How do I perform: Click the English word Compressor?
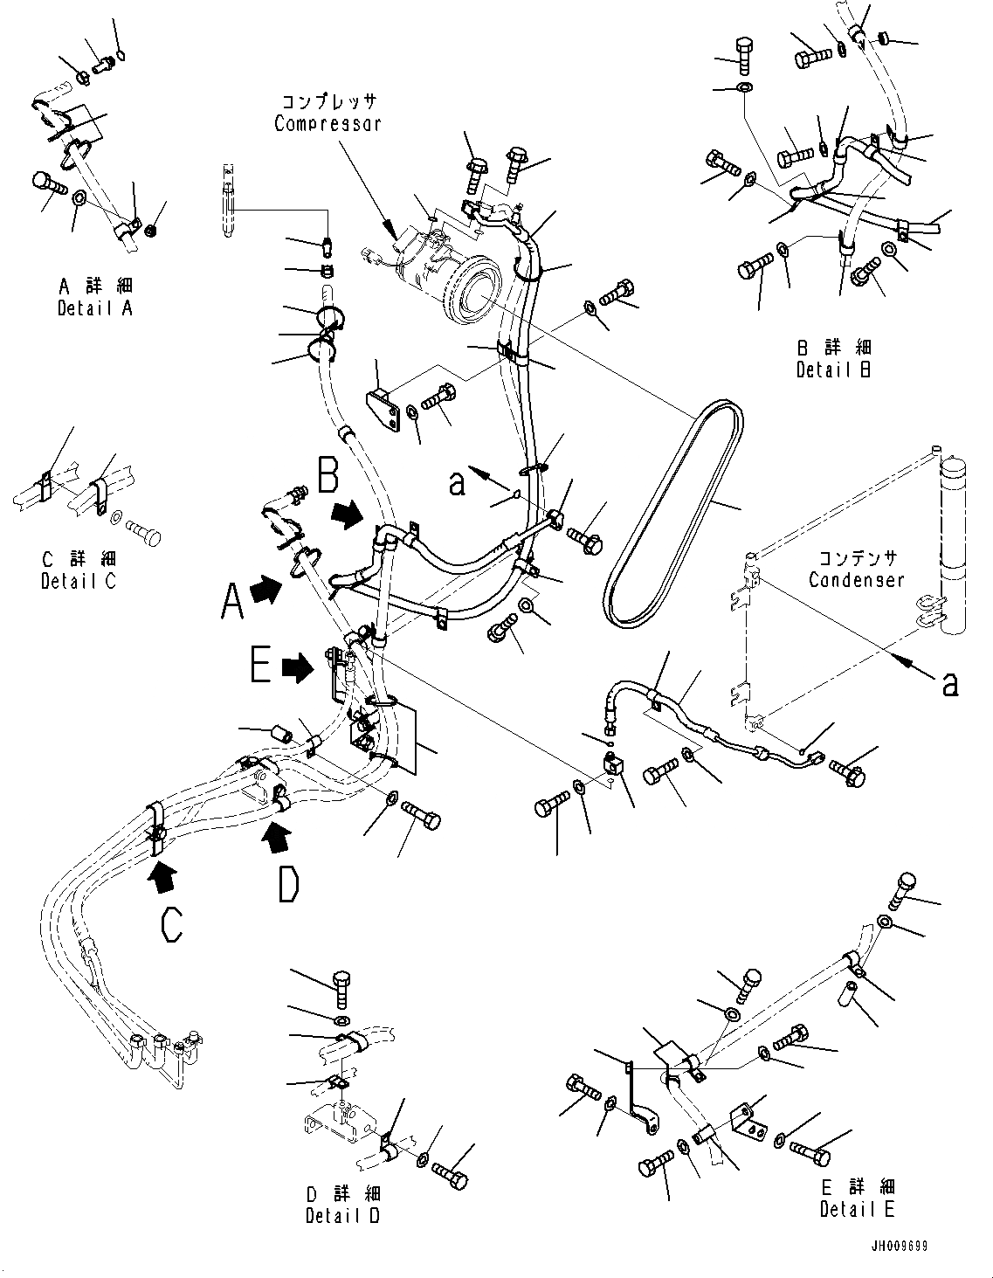[328, 123]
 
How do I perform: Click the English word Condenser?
[856, 580]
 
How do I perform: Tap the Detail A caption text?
[95, 308]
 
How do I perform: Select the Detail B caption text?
[833, 370]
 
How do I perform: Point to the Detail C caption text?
[78, 580]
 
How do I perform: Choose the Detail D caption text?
[343, 1215]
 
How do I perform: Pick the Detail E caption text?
[857, 1209]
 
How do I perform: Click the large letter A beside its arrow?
[231, 601]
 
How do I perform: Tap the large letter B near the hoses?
[329, 478]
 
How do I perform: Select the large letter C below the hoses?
[172, 924]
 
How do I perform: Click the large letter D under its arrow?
[288, 884]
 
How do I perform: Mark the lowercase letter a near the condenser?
[949, 683]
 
